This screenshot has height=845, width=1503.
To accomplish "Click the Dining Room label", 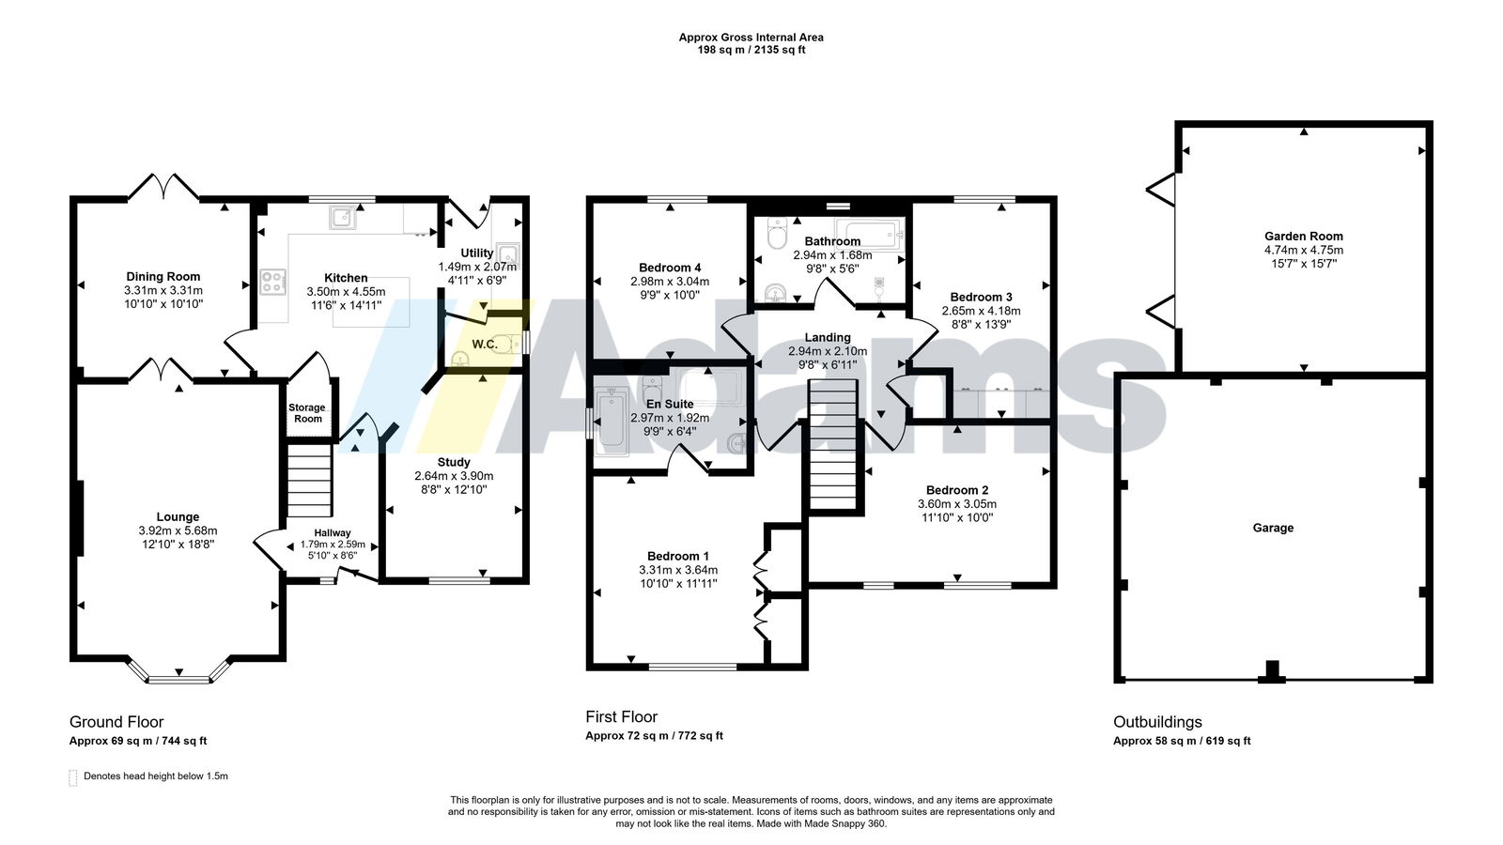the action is (x=163, y=276).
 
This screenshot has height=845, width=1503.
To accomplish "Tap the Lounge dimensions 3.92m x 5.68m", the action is (x=178, y=530).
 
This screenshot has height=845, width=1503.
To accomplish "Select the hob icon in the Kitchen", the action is (x=273, y=282).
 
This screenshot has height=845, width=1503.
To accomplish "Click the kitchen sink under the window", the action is (x=343, y=217).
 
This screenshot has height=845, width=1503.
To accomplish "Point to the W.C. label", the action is (x=485, y=345).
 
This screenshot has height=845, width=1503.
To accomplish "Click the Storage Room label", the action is (x=307, y=413).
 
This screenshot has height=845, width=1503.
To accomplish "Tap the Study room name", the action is (x=454, y=462).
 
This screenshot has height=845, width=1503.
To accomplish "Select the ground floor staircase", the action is (x=309, y=480).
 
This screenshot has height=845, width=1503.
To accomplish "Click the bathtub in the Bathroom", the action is (x=869, y=234).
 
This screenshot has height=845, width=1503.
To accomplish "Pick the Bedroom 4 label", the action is (x=670, y=268).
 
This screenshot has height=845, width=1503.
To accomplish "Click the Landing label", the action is (x=828, y=337).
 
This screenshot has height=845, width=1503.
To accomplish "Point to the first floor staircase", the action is (x=832, y=446).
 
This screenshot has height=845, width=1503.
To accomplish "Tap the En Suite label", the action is (x=670, y=404).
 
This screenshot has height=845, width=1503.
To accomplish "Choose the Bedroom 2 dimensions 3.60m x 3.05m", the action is (x=957, y=503).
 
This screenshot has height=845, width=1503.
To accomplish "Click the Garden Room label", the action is (x=1304, y=236).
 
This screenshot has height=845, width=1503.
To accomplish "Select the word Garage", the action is (x=1273, y=528).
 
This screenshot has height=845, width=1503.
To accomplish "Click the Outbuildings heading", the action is (x=1157, y=722).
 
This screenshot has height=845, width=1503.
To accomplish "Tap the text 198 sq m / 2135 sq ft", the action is (x=751, y=50).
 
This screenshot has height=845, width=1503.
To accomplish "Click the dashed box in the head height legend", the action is (x=73, y=777).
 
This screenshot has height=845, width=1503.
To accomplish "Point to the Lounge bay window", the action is (x=179, y=672).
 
